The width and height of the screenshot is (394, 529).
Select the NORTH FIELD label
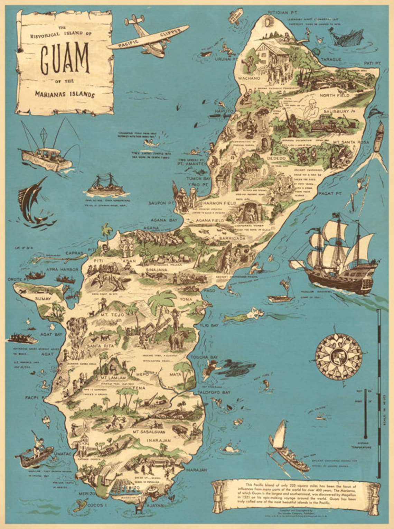tap(334, 95)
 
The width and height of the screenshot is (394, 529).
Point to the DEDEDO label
tap(275, 158)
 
